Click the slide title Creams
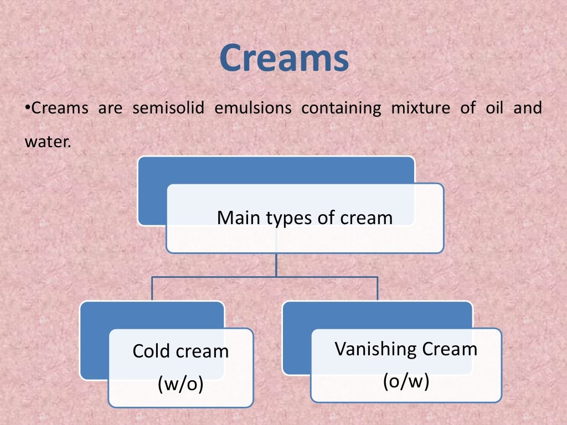coord(283,59)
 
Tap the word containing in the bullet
coord(341,108)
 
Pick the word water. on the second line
coord(48,141)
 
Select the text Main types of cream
coord(305,217)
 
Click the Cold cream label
coord(181,351)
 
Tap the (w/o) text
coord(181,383)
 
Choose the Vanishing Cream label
coord(406,349)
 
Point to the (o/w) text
coord(406,381)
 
